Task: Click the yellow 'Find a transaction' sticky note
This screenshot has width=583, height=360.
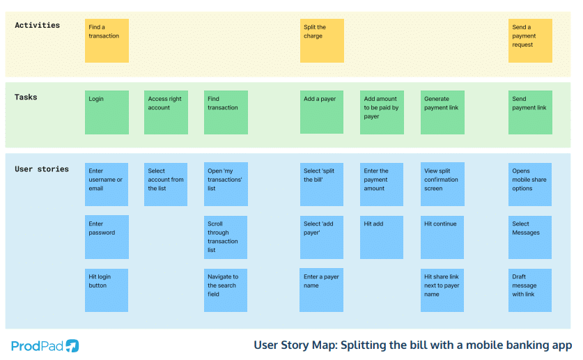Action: point(107,41)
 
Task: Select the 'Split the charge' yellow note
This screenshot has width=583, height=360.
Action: point(322,41)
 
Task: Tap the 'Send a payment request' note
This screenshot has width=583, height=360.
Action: point(530,41)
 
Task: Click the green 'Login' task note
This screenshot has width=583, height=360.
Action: point(107,113)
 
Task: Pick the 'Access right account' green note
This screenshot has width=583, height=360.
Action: point(166,113)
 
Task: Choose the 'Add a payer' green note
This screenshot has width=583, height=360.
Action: point(322,113)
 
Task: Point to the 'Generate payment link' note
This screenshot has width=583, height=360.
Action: point(442,113)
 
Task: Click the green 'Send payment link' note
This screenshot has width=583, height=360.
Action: point(530,113)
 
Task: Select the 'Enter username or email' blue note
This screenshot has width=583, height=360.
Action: point(107,185)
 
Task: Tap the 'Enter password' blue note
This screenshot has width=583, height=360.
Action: point(107,237)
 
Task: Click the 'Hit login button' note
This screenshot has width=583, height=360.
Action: point(107,290)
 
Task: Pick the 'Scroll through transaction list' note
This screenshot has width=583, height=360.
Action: point(226,237)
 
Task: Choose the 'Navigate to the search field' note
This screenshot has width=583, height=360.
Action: point(226,290)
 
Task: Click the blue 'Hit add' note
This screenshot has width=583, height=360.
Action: point(382,237)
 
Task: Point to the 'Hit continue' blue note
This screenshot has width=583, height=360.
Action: point(442,237)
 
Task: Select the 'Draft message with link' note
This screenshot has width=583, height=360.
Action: point(530,290)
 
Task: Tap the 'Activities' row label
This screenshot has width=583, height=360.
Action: point(38,26)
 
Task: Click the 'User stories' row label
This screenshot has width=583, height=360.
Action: point(42,169)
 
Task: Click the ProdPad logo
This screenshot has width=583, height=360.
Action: point(45,345)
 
